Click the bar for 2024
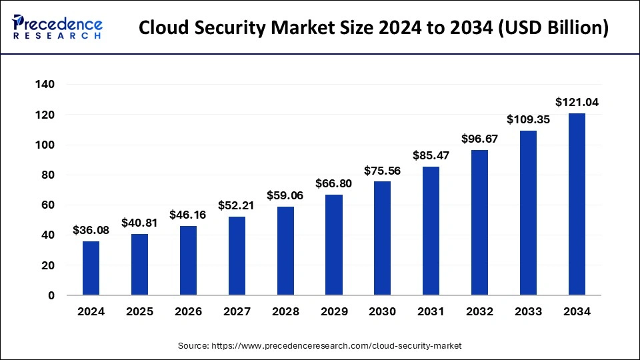click(x=91, y=268)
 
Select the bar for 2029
click(x=334, y=245)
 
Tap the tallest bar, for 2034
click(x=577, y=204)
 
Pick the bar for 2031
click(x=431, y=231)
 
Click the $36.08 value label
click(x=91, y=230)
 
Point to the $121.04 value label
click(x=577, y=102)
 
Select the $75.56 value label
click(x=383, y=171)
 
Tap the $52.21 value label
click(x=237, y=205)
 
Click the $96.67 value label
click(x=480, y=139)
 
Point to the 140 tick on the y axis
click(x=46, y=85)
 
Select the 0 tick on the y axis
click(x=51, y=295)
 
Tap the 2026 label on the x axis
click(x=188, y=311)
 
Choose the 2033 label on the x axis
click(x=528, y=311)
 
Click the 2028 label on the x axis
click(x=285, y=311)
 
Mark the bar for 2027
click(x=237, y=256)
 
